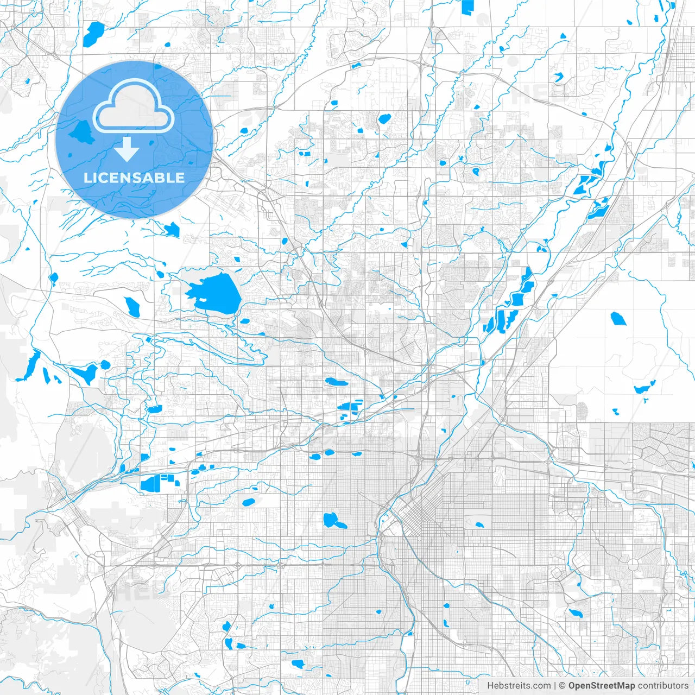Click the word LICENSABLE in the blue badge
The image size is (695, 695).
coord(134,178)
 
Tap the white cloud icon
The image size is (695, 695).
coord(134,107)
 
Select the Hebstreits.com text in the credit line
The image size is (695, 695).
coord(519,686)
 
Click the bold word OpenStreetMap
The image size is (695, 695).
coord(602,686)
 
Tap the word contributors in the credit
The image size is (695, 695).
coord(663,686)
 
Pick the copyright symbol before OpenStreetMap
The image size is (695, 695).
coord(563,686)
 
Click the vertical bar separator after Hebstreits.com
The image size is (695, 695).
coord(555,686)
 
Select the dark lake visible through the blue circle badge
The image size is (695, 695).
coord(82,131)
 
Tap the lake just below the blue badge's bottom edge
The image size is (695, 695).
coord(172,230)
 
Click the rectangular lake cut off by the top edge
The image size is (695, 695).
coord(467,7)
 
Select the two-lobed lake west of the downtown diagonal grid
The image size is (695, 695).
coord(333,521)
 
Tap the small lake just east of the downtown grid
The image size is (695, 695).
coord(479,525)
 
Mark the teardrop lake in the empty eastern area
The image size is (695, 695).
coord(618,318)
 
